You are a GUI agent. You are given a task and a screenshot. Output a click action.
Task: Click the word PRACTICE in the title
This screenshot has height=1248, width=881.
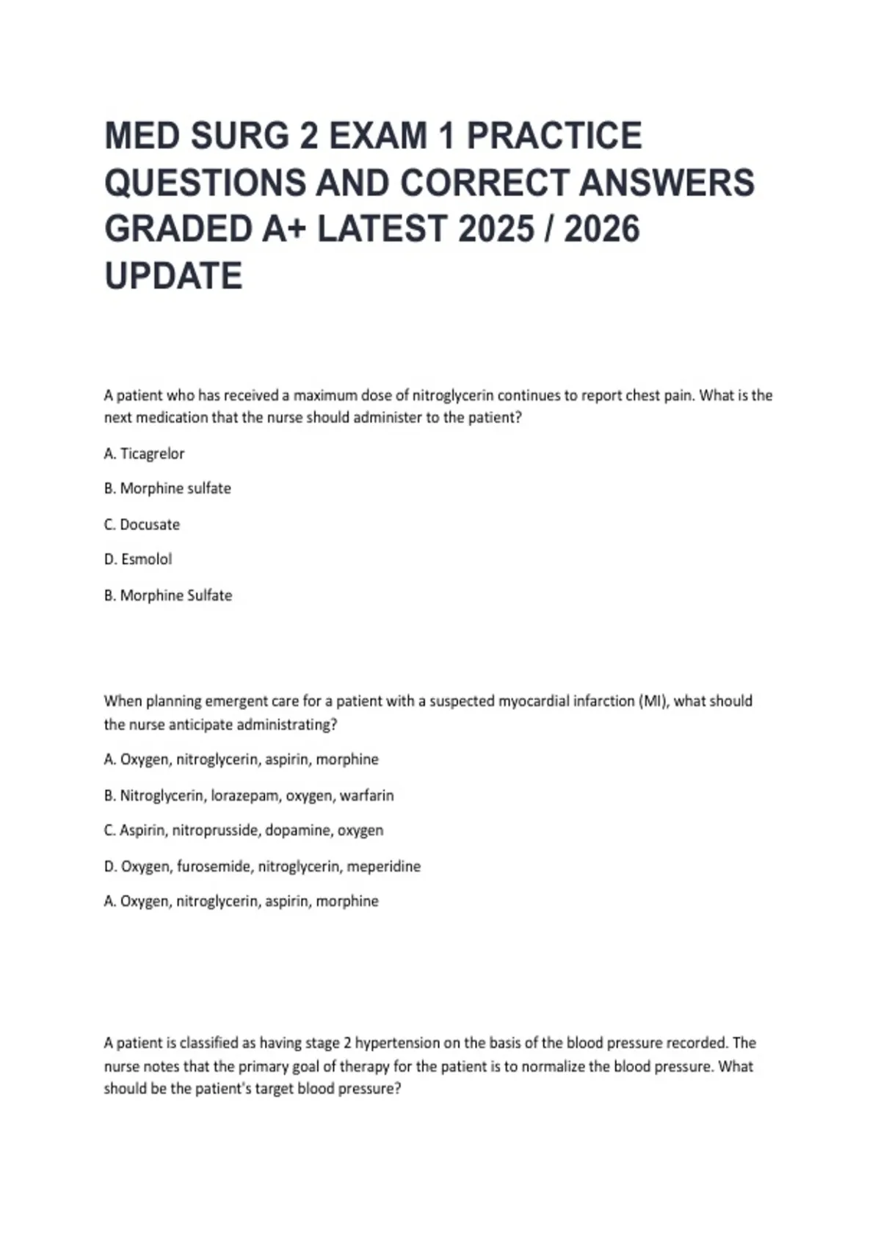(x=554, y=137)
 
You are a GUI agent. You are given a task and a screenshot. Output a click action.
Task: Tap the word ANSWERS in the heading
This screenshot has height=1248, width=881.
(x=667, y=183)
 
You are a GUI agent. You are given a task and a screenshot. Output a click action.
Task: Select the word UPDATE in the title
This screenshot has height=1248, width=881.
(x=173, y=276)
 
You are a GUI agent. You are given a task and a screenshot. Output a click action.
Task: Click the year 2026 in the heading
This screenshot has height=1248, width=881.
(x=602, y=229)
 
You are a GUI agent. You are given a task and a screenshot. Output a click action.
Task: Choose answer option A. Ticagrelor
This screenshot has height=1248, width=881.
(x=145, y=454)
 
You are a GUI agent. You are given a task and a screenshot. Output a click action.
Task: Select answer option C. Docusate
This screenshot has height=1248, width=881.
(x=142, y=524)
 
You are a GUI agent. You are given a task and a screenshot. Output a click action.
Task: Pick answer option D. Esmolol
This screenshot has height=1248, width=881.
(x=138, y=559)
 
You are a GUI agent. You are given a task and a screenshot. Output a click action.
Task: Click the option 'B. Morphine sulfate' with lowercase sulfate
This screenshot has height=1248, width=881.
(x=167, y=489)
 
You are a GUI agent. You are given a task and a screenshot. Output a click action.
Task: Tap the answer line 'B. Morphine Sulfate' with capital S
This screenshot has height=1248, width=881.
(x=168, y=595)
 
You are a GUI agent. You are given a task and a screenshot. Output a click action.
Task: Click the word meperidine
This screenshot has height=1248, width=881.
(x=383, y=866)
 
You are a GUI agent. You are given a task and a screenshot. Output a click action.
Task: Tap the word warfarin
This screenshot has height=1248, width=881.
(x=366, y=795)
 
